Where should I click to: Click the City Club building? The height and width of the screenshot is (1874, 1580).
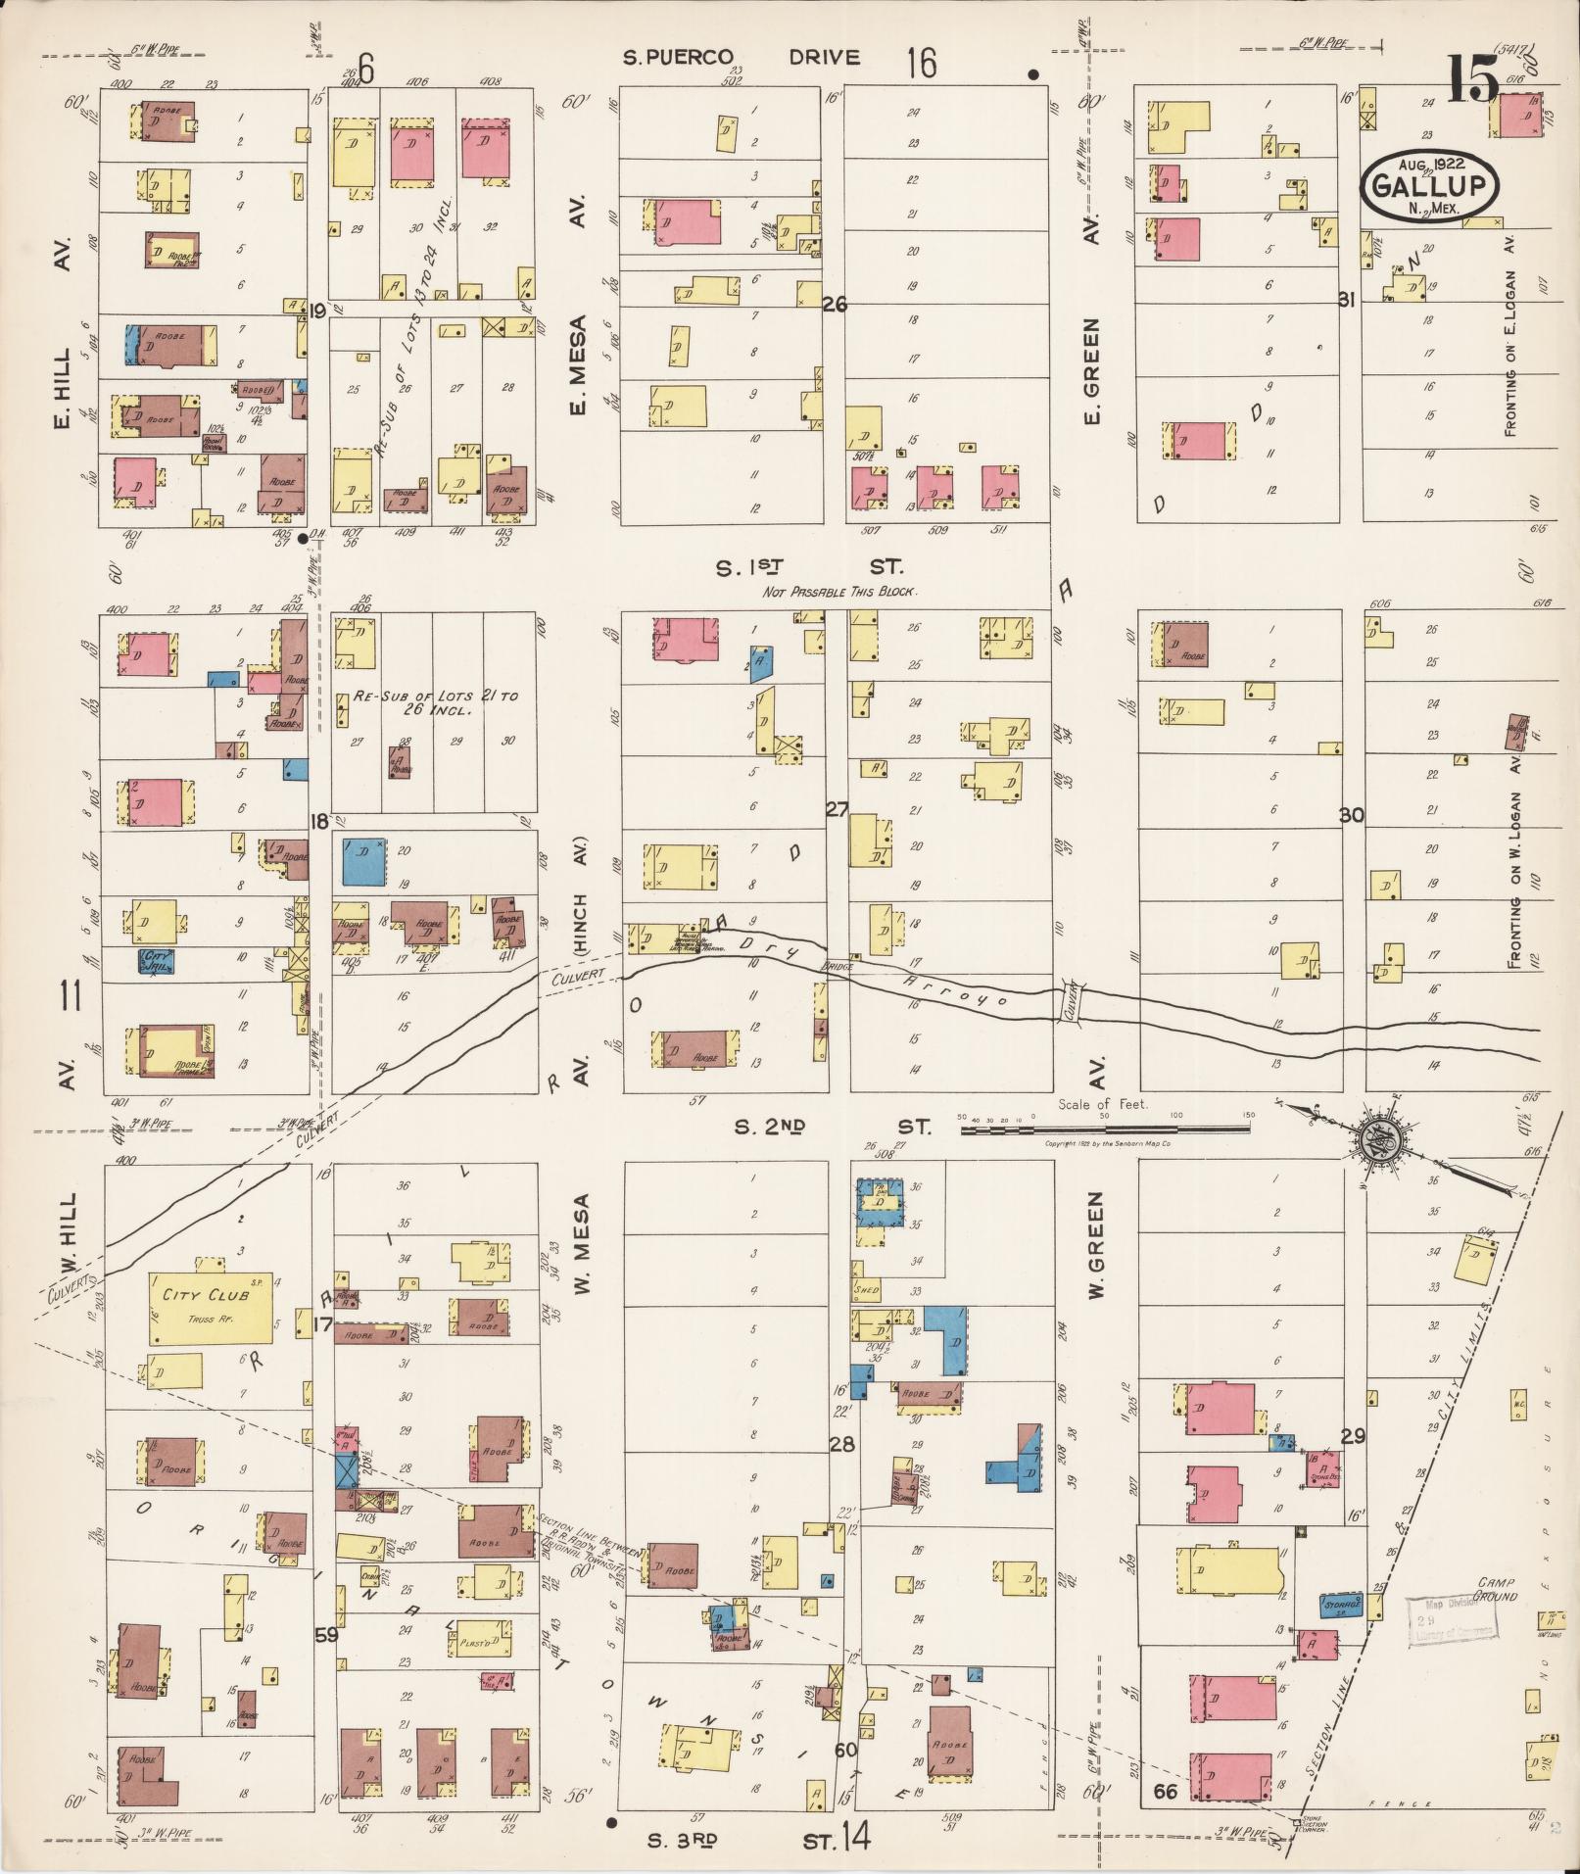pyautogui.click(x=211, y=1308)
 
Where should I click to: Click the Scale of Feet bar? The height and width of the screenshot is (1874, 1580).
pyautogui.click(x=1105, y=1129)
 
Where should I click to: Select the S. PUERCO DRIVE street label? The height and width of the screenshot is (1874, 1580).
pyautogui.click(x=742, y=58)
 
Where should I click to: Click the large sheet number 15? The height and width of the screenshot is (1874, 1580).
pyautogui.click(x=1472, y=77)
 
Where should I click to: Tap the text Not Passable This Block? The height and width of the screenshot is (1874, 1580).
pyautogui.click(x=839, y=593)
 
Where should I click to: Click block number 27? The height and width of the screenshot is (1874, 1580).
pyautogui.click(x=837, y=809)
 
